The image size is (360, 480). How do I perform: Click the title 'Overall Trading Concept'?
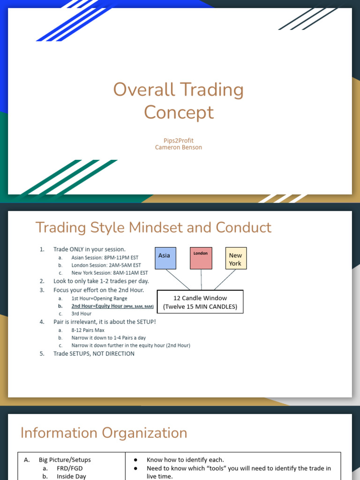[179, 101]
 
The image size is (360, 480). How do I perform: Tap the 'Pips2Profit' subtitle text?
[179, 141]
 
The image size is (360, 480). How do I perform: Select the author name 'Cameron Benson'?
[179, 147]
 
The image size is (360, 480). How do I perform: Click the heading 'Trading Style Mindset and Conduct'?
[153, 227]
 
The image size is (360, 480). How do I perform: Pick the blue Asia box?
[165, 258]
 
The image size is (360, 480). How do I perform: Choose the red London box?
[201, 258]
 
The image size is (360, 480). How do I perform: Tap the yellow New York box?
[235, 258]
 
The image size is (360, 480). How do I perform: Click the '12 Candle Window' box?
[200, 302]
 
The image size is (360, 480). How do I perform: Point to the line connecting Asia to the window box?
[178, 280]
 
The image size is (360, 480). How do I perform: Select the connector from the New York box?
[225, 280]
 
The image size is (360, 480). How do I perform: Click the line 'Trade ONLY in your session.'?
[89, 249]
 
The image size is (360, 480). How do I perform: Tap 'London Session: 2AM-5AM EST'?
[106, 265]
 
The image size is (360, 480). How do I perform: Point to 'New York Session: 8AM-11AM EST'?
[109, 273]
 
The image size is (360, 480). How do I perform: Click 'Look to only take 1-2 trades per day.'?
[101, 281]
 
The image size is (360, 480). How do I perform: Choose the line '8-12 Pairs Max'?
[88, 330]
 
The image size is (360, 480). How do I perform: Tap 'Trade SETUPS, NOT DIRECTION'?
[94, 353]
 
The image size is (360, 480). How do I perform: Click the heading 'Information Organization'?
[104, 433]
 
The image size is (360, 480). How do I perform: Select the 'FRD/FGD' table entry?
[70, 468]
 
